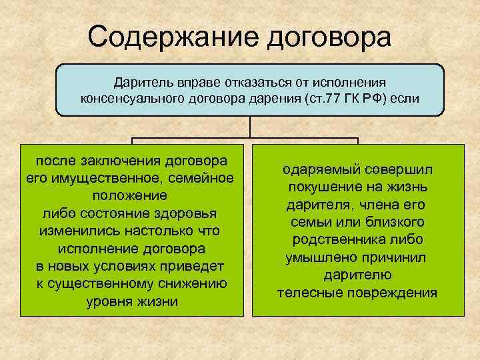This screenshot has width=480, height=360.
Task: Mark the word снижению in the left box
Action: [194, 283]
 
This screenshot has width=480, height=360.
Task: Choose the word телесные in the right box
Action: [308, 292]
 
